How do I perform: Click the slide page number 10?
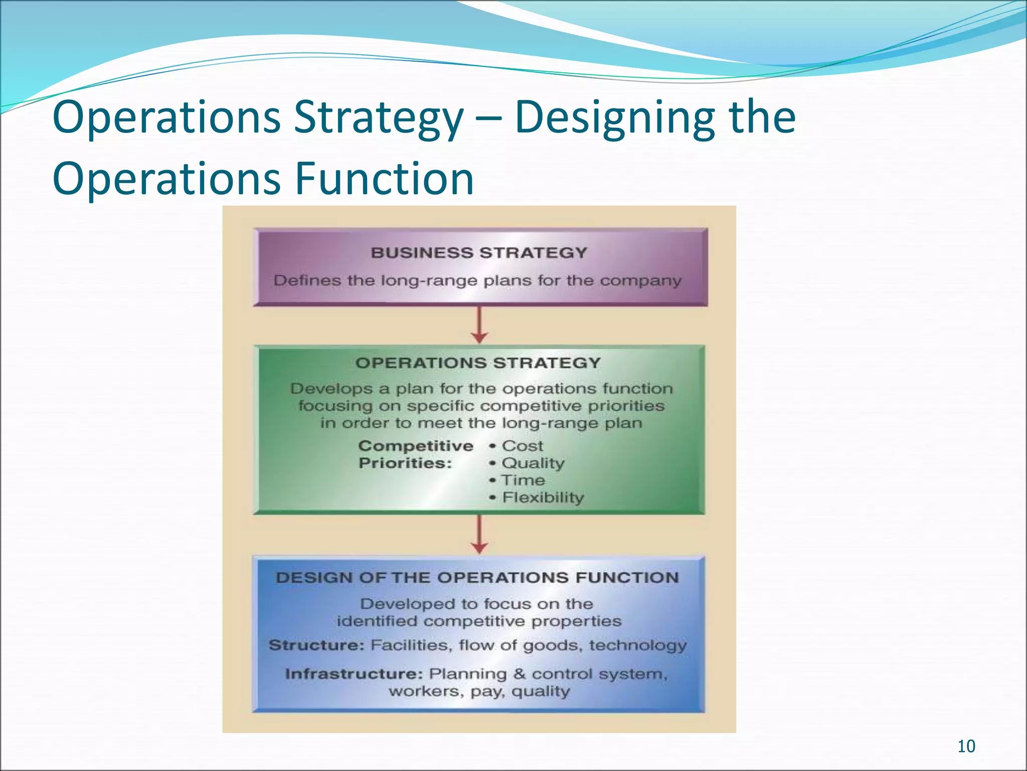(x=966, y=746)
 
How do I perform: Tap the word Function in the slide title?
(x=384, y=179)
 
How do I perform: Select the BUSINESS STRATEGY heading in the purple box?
(x=479, y=252)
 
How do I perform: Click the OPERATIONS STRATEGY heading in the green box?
(x=478, y=363)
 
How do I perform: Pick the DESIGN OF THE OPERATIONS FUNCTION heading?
(x=477, y=577)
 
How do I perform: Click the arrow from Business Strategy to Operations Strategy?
(x=480, y=325)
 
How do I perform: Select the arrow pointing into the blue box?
(x=480, y=535)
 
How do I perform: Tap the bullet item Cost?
(x=522, y=446)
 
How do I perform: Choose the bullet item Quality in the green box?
(x=533, y=463)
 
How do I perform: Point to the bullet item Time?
(x=523, y=480)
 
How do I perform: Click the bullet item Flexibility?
(x=543, y=497)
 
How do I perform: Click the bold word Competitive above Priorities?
(x=416, y=446)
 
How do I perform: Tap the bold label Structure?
(x=316, y=645)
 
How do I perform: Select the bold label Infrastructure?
(x=354, y=674)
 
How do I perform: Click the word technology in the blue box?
(x=637, y=645)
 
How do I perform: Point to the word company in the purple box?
(x=640, y=280)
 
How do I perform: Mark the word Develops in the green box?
(x=331, y=389)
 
